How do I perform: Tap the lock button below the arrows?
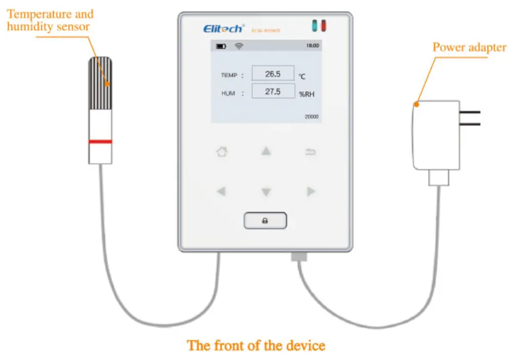pos(265,221)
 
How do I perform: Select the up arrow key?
pos(266,152)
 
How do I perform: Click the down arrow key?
pos(266,193)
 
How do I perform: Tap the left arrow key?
pos(221,192)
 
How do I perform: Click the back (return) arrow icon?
pos(311,152)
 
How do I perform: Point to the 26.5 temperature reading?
pos(273,74)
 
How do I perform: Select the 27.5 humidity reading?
pos(273,92)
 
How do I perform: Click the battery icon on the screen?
pos(221,46)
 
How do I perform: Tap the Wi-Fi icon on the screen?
pos(239,46)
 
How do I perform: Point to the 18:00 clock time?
pos(312,46)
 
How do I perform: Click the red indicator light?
pos(324,26)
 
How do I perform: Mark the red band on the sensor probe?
pos(100,141)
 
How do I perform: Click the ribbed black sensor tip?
pos(100,82)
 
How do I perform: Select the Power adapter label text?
pos(469,48)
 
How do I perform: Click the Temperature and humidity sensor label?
pos(50,20)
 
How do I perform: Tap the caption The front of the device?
pos(256,345)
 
